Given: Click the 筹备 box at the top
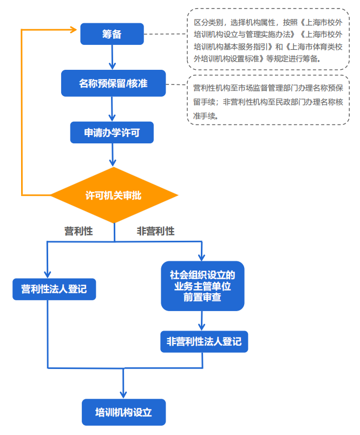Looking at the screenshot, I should (112, 34).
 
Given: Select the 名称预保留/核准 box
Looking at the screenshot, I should (113, 83).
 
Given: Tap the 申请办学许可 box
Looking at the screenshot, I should (112, 133).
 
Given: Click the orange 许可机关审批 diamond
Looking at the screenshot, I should (114, 195).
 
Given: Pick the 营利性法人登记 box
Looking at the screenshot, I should (54, 288).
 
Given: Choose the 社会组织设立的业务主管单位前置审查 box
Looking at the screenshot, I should (202, 286).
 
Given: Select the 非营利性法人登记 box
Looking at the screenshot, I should (204, 342).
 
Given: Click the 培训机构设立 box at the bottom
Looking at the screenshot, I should (123, 412).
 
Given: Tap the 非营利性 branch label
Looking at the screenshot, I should (156, 231).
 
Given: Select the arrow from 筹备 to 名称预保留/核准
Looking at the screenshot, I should (112, 58).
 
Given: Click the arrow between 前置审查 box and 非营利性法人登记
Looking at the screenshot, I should (202, 321).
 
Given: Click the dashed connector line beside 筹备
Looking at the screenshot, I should (165, 34).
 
